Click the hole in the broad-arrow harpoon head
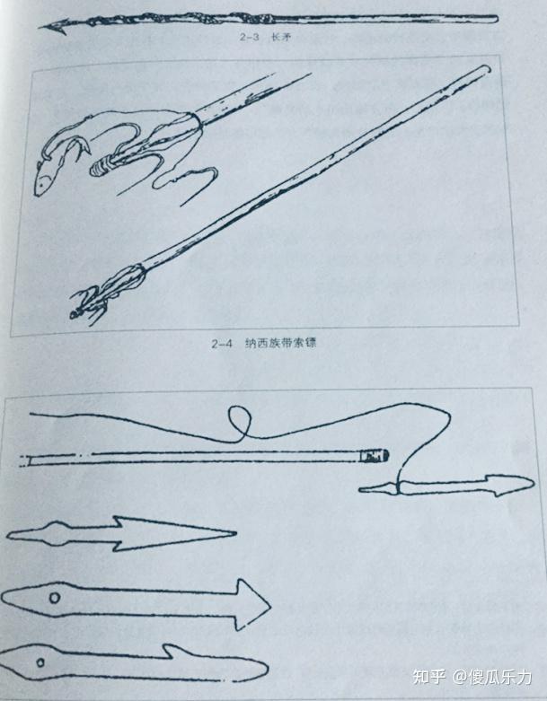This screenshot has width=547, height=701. point(55,599)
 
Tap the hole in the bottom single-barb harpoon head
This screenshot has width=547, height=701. point(41,662)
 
